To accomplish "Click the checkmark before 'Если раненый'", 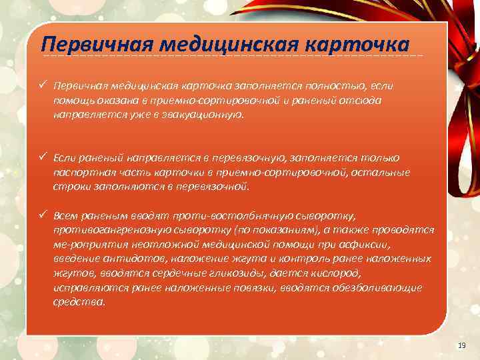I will tap(43, 157).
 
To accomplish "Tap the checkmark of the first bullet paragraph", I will tap(43, 86).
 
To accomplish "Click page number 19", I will tap(461, 345).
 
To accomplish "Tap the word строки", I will tap(69, 187).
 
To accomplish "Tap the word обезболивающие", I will tap(382, 287).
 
